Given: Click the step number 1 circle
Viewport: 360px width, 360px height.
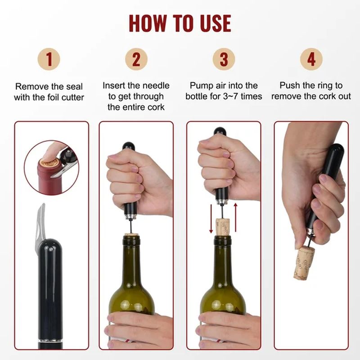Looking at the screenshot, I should pyautogui.click(x=49, y=59).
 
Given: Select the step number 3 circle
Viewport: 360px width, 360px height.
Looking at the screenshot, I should pyautogui.click(x=224, y=59).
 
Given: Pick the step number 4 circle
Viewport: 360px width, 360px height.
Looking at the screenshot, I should pyautogui.click(x=311, y=59).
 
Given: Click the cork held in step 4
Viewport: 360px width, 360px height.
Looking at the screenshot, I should pyautogui.click(x=304, y=263).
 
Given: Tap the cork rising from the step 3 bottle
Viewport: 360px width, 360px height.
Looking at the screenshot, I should pyautogui.click(x=223, y=226).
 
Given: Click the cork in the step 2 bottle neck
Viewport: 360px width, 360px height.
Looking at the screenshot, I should pyautogui.click(x=131, y=234).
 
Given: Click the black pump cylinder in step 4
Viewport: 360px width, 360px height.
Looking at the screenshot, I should pyautogui.click(x=328, y=180).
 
